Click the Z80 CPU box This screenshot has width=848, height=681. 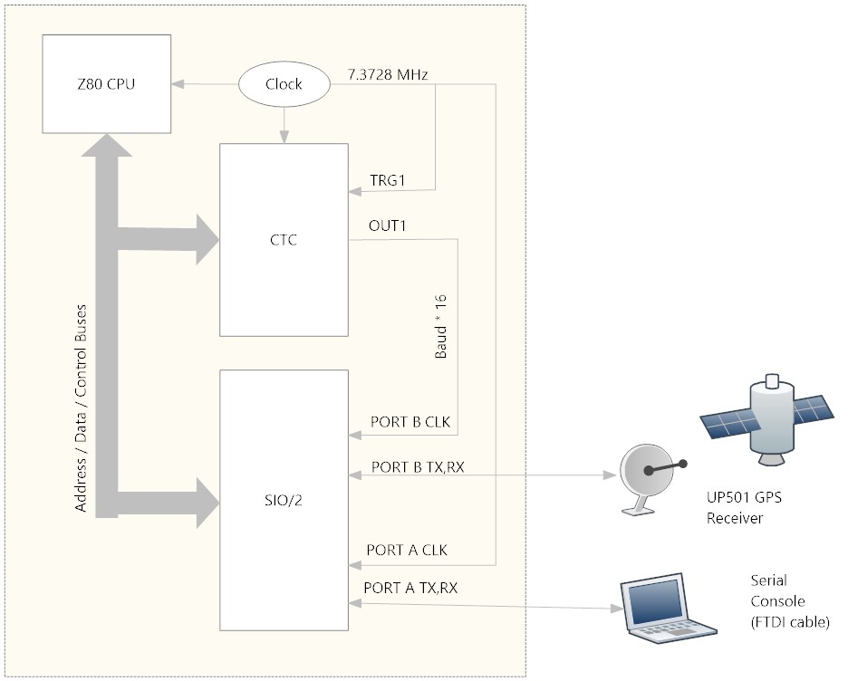[107, 84]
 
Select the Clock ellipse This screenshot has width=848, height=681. [284, 84]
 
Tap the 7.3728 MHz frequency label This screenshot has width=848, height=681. [388, 73]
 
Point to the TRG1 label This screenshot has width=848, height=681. [387, 181]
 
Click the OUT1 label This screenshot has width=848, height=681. [387, 225]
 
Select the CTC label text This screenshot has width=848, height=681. [284, 240]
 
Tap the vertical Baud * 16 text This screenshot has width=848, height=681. [442, 324]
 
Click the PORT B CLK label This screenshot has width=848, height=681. [410, 422]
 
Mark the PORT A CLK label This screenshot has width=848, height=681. [407, 550]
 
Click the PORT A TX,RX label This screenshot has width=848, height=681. [410, 588]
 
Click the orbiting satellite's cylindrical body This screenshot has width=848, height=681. [770, 417]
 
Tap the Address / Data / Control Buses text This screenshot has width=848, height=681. [82, 408]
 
